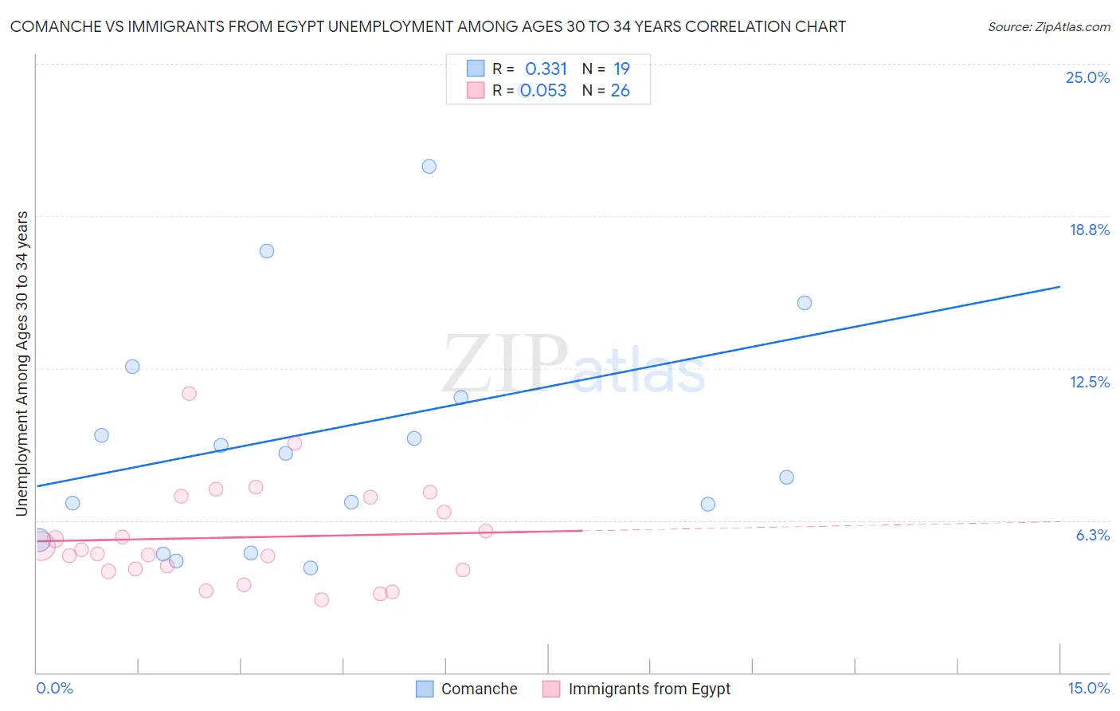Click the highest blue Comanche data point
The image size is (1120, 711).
(429, 167)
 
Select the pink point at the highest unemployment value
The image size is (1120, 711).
(189, 393)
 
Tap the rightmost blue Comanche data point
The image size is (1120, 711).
(805, 303)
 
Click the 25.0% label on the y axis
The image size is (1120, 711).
(1087, 77)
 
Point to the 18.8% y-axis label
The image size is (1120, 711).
(1089, 230)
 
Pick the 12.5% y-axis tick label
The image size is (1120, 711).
(1089, 382)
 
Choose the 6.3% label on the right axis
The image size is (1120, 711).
(1092, 535)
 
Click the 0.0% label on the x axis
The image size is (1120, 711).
(54, 689)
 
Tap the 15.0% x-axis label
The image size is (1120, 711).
(1088, 689)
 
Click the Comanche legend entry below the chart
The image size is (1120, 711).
(479, 689)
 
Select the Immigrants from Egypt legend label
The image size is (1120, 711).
(648, 689)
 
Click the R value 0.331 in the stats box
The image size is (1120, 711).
(546, 69)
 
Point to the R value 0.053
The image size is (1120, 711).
(543, 91)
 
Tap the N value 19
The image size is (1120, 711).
(621, 69)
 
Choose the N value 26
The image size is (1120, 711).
(620, 91)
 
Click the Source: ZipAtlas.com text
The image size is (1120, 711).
(1048, 27)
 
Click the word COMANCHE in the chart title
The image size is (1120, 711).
(55, 27)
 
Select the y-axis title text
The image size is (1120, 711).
(22, 363)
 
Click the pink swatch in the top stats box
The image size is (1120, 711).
(476, 90)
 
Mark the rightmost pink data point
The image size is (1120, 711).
(485, 531)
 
